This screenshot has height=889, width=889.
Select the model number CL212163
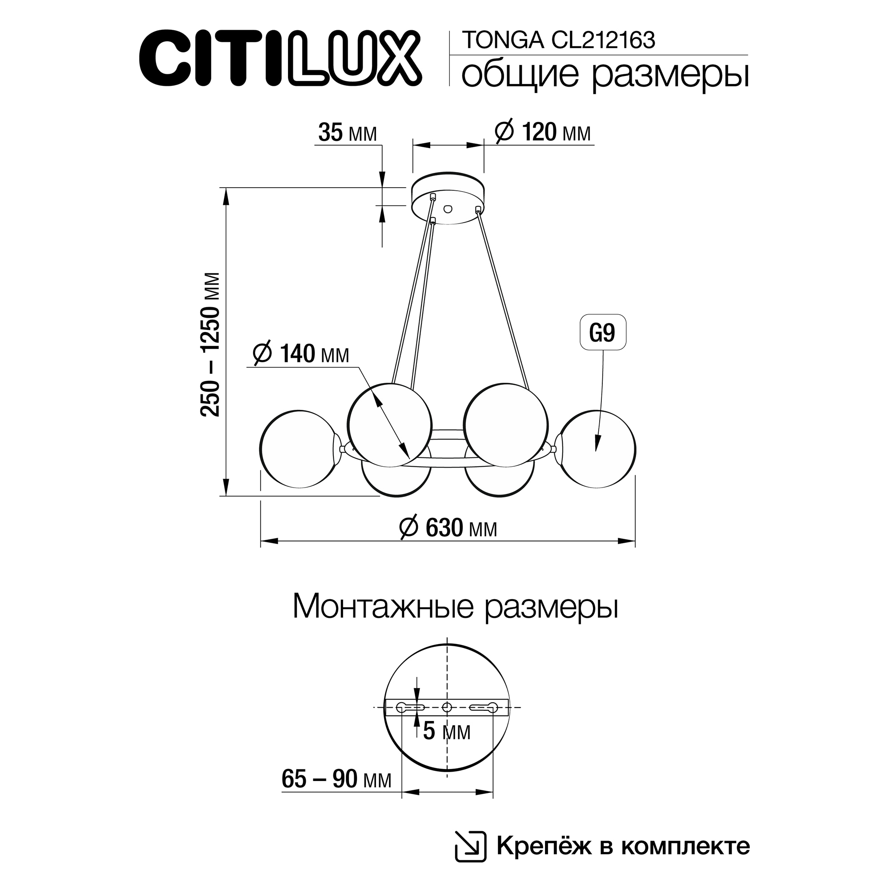[x=603, y=40]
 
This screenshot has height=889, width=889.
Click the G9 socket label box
[x=602, y=332]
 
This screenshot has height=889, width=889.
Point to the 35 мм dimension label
[x=348, y=133]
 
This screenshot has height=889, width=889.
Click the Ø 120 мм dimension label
[x=543, y=132]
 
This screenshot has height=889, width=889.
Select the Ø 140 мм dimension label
[x=301, y=354]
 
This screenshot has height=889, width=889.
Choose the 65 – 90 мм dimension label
[x=336, y=779]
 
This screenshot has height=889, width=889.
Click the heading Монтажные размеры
[x=455, y=606]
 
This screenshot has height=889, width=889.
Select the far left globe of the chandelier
[x=299, y=449]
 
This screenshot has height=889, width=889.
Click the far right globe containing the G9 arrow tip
[x=597, y=449]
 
